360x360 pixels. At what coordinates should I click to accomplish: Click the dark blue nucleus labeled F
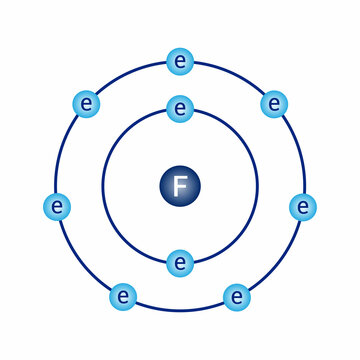180,185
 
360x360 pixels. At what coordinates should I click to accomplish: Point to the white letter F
180,185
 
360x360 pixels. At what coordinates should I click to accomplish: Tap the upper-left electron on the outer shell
87,102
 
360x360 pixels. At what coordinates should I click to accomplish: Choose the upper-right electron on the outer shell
273,102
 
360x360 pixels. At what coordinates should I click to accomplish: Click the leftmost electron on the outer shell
58,207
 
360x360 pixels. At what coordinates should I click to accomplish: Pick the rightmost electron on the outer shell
302,207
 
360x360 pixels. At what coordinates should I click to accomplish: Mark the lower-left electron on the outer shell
123,296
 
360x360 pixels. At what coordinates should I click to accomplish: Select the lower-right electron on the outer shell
237,296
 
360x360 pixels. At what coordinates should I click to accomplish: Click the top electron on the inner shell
180,106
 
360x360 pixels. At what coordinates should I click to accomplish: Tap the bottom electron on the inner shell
180,264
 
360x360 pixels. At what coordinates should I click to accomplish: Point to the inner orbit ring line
103,185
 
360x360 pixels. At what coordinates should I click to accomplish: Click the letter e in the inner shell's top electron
180,106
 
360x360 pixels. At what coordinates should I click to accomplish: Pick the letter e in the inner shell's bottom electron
180,264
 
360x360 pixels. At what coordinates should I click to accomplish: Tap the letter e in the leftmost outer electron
58,207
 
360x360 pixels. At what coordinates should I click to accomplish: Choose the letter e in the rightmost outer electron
302,207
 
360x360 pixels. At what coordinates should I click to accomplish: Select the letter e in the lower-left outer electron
123,296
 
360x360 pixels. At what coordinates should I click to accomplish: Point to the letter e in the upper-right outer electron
273,102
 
